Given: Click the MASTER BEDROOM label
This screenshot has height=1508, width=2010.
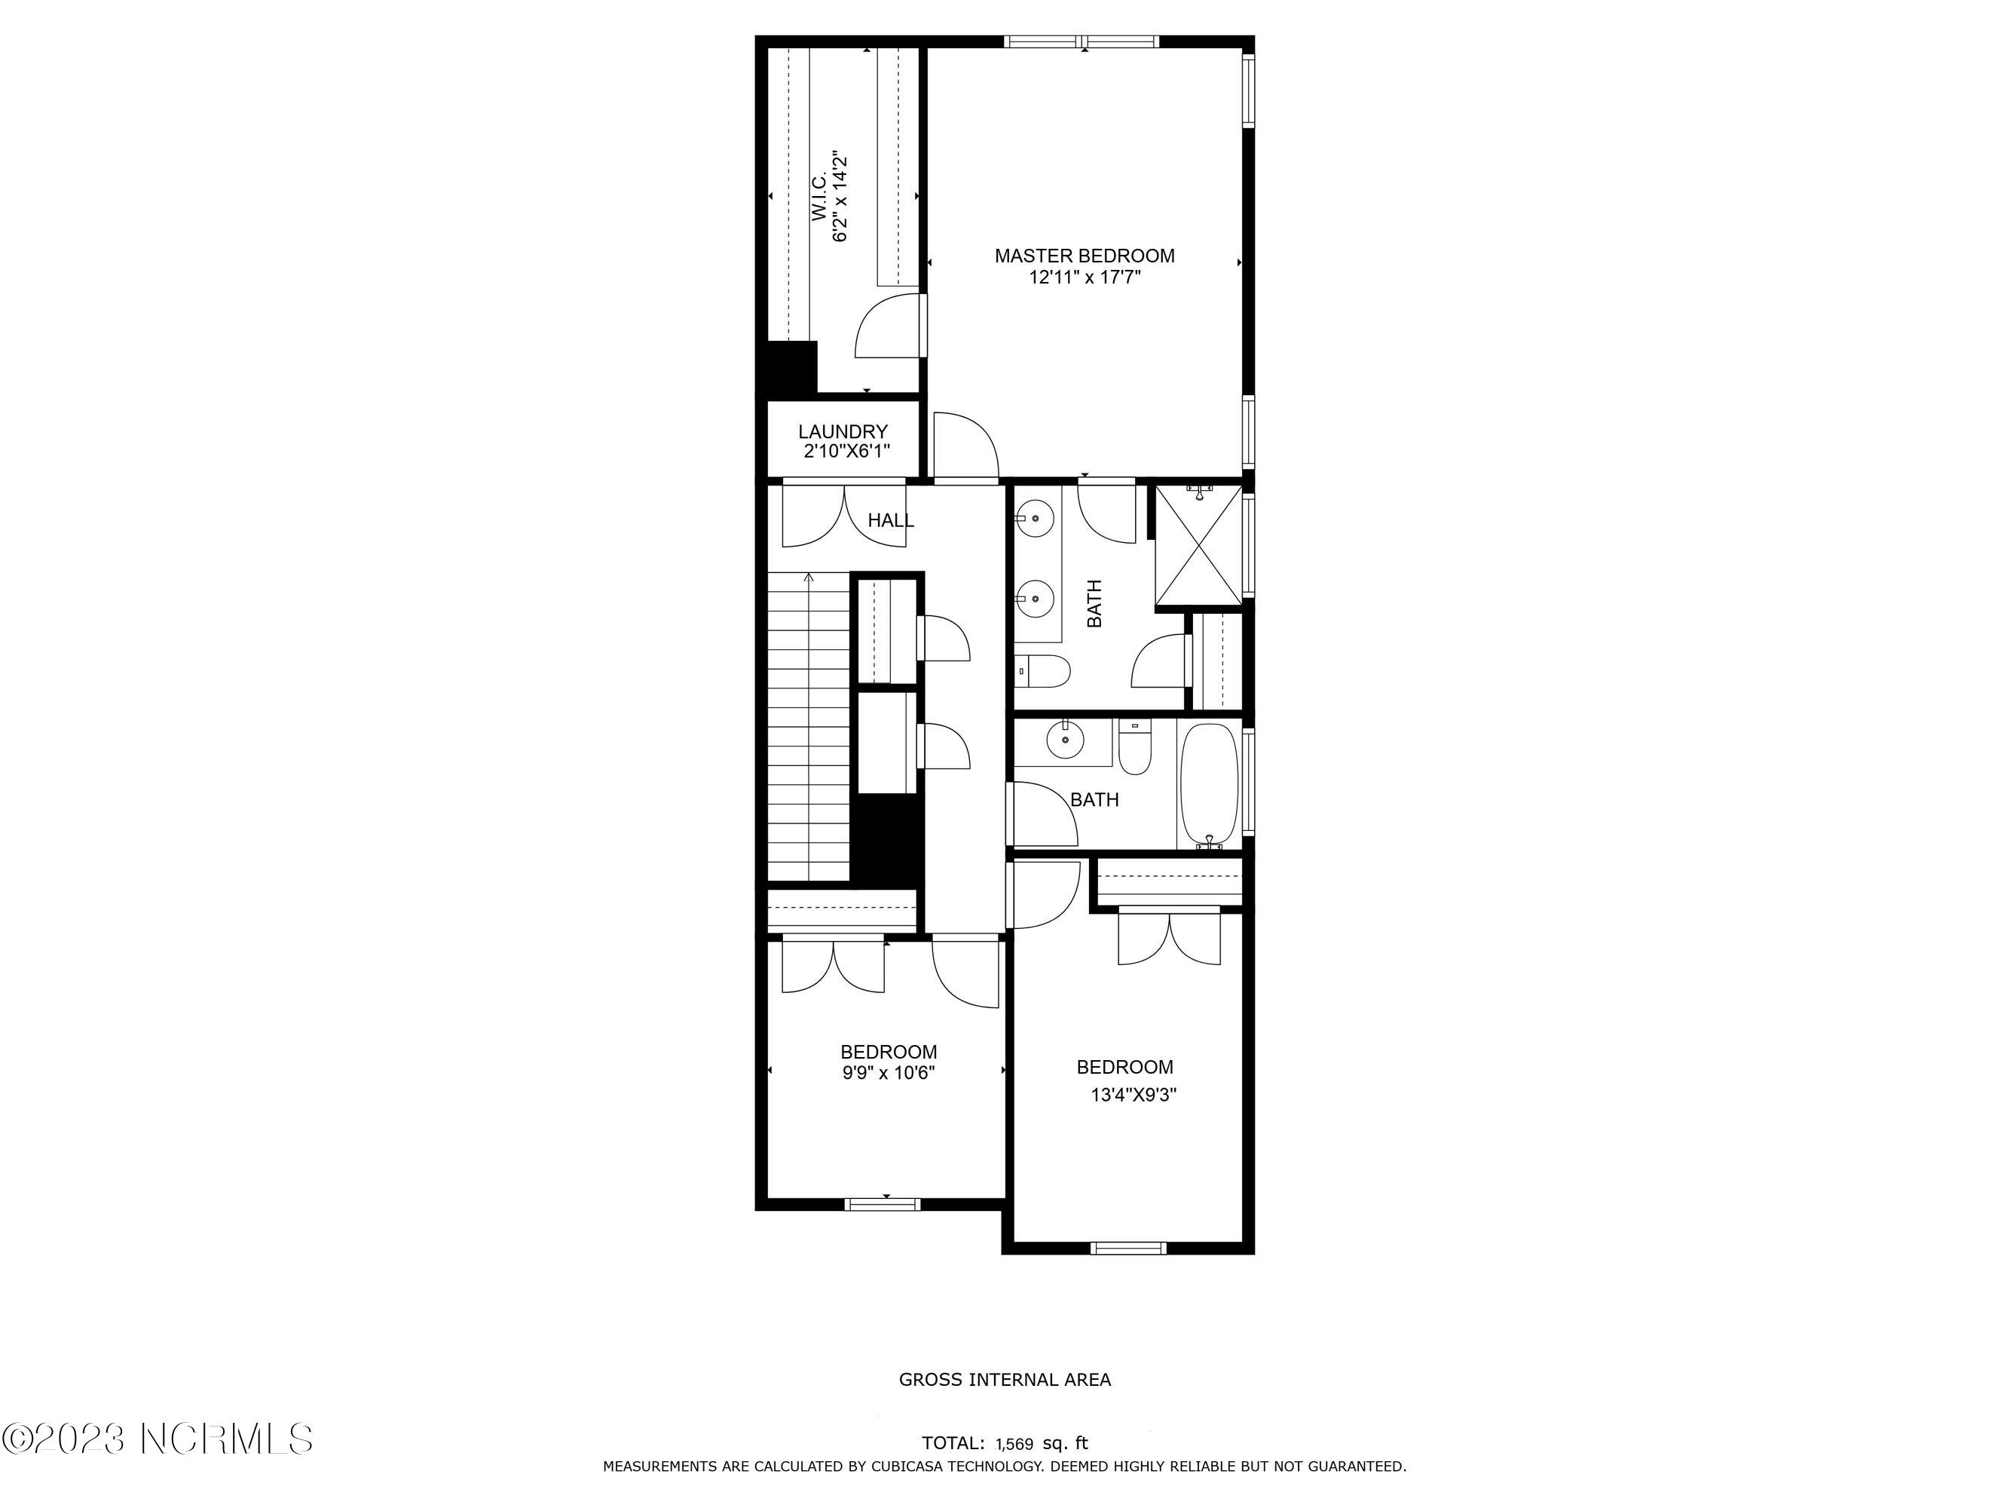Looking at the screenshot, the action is tap(1084, 256).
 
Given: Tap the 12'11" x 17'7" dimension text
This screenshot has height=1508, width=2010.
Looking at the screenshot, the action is tap(1084, 277).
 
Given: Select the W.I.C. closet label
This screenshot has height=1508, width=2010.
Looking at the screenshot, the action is tap(818, 198).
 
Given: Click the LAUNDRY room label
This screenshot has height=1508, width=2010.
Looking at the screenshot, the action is tap(843, 432).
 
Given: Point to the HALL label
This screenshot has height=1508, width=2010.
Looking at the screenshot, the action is tap(891, 521).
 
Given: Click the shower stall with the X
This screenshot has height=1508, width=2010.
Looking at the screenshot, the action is tap(1198, 545).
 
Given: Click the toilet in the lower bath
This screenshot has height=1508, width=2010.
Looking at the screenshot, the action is tap(1134, 746).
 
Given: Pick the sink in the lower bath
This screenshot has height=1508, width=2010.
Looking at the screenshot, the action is tap(1065, 741).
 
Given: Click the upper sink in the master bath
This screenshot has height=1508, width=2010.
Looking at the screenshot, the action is tap(1035, 519).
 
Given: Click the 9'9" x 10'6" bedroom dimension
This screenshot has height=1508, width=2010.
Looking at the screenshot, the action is tap(888, 1073).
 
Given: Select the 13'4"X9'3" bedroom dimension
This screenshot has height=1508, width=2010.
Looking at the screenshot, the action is tap(1133, 1096).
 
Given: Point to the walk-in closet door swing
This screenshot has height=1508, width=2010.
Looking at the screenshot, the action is tap(891, 326).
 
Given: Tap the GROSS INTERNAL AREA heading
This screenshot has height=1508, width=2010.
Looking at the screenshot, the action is tap(1005, 1379).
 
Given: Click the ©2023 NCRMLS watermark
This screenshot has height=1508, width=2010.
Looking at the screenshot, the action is tap(158, 1439).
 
